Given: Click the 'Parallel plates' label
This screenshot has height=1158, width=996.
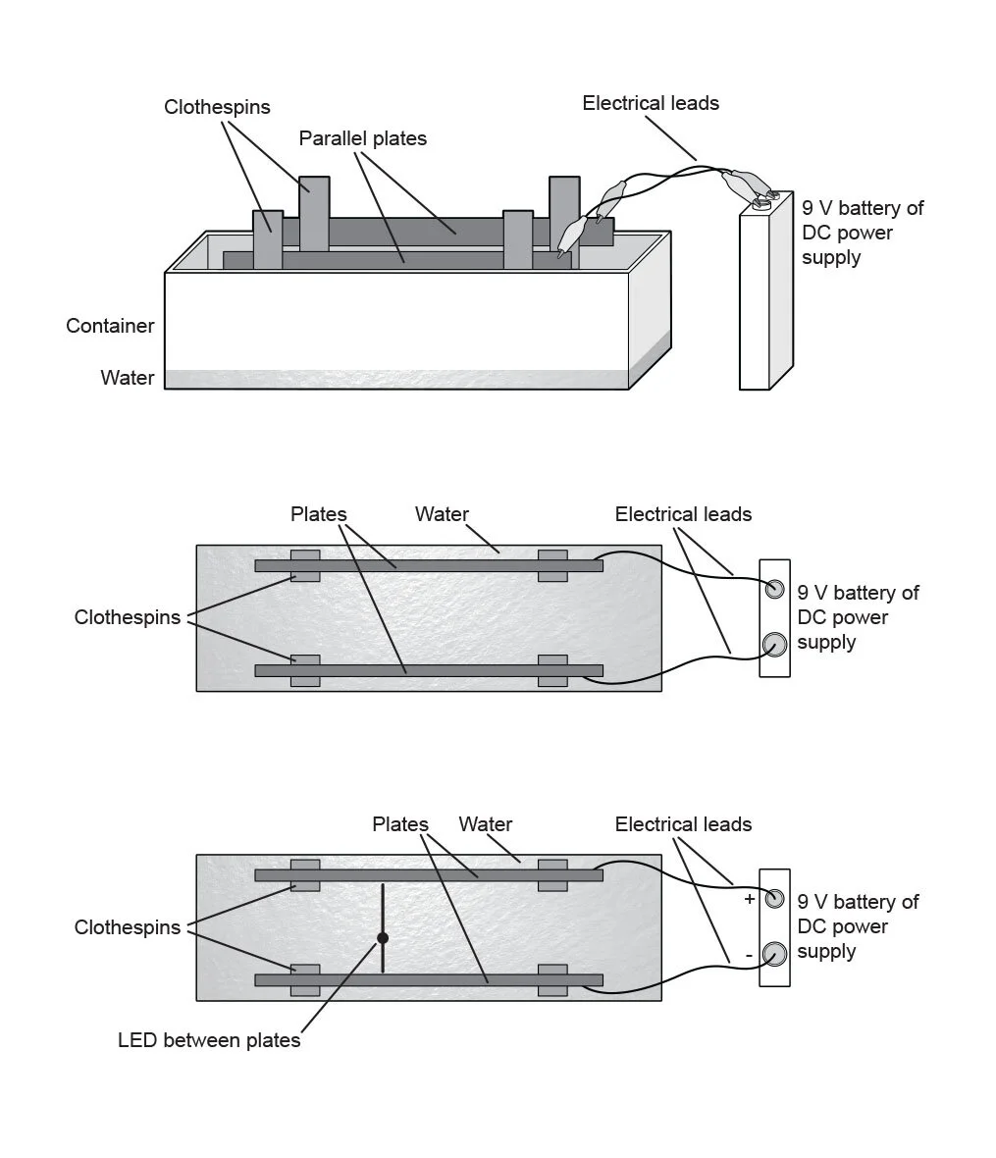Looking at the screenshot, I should tap(362, 138).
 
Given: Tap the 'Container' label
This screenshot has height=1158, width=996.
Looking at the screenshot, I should tap(110, 326).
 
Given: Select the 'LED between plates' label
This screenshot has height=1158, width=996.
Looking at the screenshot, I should tap(209, 1040).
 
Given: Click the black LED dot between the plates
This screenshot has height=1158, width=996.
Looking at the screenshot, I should tap(383, 938).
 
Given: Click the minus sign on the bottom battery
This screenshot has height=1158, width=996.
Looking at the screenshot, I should tap(749, 954).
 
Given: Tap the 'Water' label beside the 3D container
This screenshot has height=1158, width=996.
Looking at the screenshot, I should tap(127, 378).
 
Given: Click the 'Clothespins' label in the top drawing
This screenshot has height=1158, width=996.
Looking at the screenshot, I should tap(217, 107).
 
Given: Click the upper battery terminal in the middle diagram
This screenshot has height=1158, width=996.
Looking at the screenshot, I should tap(775, 589).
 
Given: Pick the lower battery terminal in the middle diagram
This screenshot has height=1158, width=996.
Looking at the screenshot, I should tap(775, 645).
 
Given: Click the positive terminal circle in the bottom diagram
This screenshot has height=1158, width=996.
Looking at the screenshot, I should tap(775, 898).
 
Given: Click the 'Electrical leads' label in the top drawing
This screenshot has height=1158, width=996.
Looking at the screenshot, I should tap(650, 103).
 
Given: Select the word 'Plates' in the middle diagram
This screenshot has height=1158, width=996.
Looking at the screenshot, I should tap(318, 514).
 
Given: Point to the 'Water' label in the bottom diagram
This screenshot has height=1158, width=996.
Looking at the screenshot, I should tap(485, 824).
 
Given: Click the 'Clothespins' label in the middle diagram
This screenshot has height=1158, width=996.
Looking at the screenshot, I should tap(128, 617).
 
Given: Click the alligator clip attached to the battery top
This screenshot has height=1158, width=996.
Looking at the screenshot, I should tap(746, 184).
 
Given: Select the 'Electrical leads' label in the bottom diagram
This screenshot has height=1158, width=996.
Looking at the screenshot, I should tap(683, 824).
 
